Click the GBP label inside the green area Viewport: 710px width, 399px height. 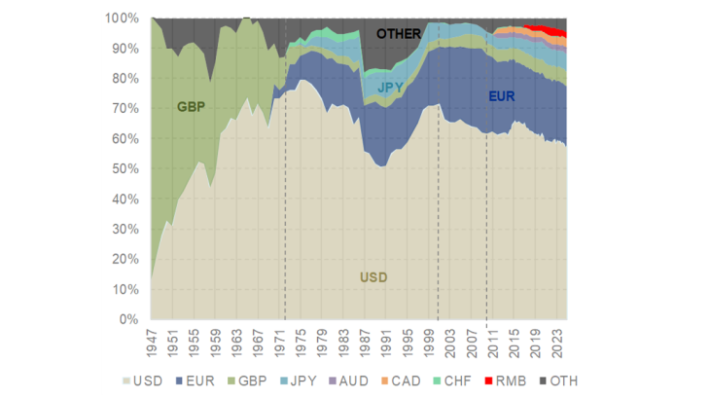(x=193, y=105)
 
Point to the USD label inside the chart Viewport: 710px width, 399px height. (x=373, y=278)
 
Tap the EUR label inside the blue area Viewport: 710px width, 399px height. (x=502, y=96)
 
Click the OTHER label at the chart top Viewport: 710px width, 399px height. (x=399, y=34)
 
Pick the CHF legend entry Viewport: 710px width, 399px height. (x=459, y=380)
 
